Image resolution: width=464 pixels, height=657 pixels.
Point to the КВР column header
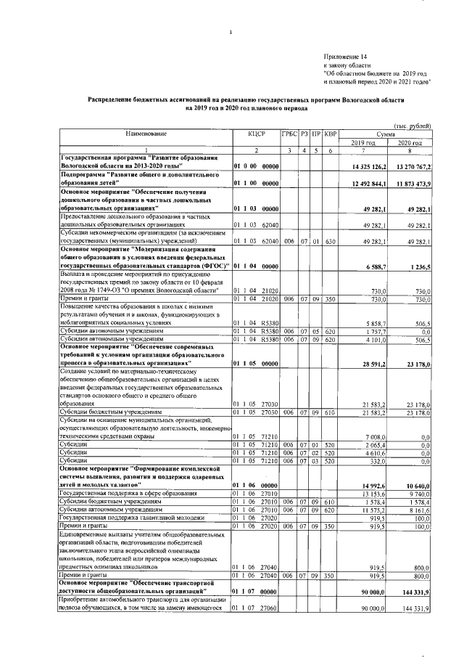tap(331, 134)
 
